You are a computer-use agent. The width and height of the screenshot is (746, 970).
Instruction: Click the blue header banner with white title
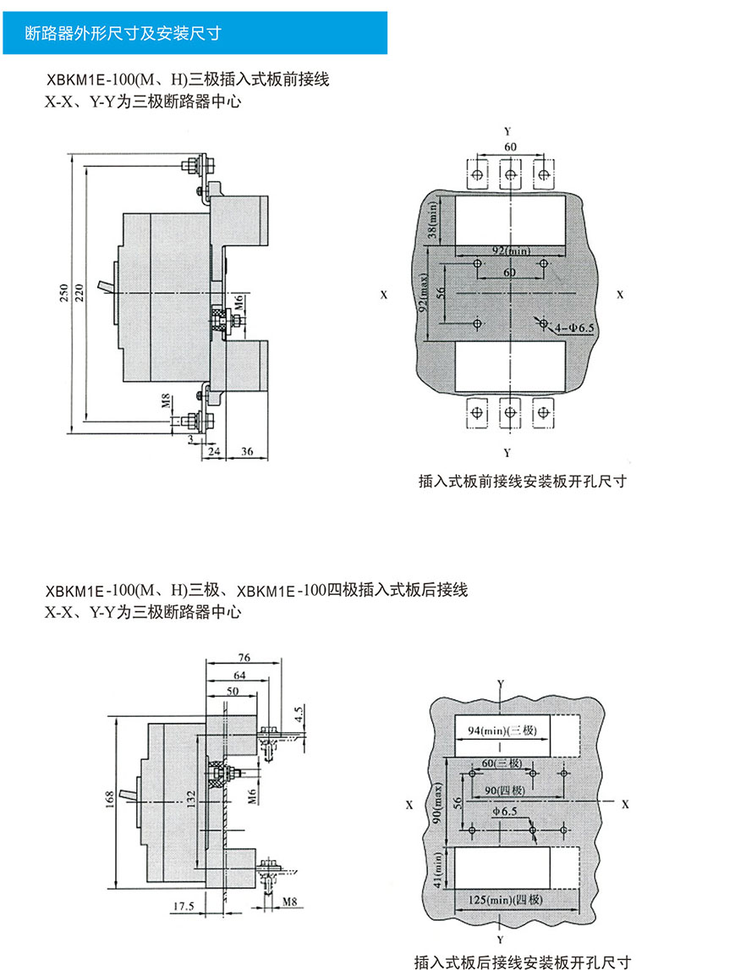[194, 35]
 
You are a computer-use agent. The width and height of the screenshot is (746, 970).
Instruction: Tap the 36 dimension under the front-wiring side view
[247, 452]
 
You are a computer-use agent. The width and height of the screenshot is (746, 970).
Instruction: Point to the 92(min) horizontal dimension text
[510, 251]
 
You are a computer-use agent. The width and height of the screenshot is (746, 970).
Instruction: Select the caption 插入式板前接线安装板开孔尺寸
[522, 482]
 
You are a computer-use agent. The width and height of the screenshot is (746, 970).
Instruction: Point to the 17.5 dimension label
[182, 906]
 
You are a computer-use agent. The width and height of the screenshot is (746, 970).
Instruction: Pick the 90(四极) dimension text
[505, 791]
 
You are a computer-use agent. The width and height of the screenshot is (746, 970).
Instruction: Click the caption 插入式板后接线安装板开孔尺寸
[522, 961]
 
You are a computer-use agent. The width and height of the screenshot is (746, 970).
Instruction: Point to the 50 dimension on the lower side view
[232, 691]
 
